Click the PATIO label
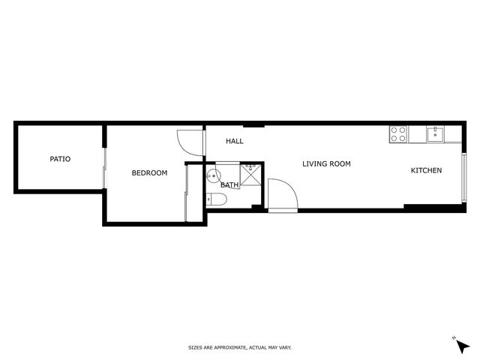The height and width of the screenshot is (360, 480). (x=60, y=159)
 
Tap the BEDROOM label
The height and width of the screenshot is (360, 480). (x=149, y=173)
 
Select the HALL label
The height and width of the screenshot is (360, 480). (x=235, y=141)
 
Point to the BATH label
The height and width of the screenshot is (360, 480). (x=229, y=185)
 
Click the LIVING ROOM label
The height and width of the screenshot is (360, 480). (x=326, y=163)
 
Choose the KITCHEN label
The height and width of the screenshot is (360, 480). (x=426, y=170)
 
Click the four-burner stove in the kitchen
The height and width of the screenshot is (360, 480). (x=398, y=134)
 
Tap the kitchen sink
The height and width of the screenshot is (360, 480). (x=435, y=135)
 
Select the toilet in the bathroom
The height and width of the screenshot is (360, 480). (x=217, y=199)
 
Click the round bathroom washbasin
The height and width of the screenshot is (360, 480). (x=213, y=175)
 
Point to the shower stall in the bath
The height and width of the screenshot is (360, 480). (x=250, y=175)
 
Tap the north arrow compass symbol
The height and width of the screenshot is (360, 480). (x=463, y=346)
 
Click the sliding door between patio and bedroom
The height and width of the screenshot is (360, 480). (x=104, y=168)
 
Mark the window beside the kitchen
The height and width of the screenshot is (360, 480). (x=464, y=178)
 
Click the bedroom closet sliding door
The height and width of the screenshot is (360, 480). (x=186, y=193)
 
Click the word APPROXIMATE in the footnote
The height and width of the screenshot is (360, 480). (x=230, y=348)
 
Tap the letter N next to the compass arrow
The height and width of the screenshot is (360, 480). (x=454, y=338)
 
